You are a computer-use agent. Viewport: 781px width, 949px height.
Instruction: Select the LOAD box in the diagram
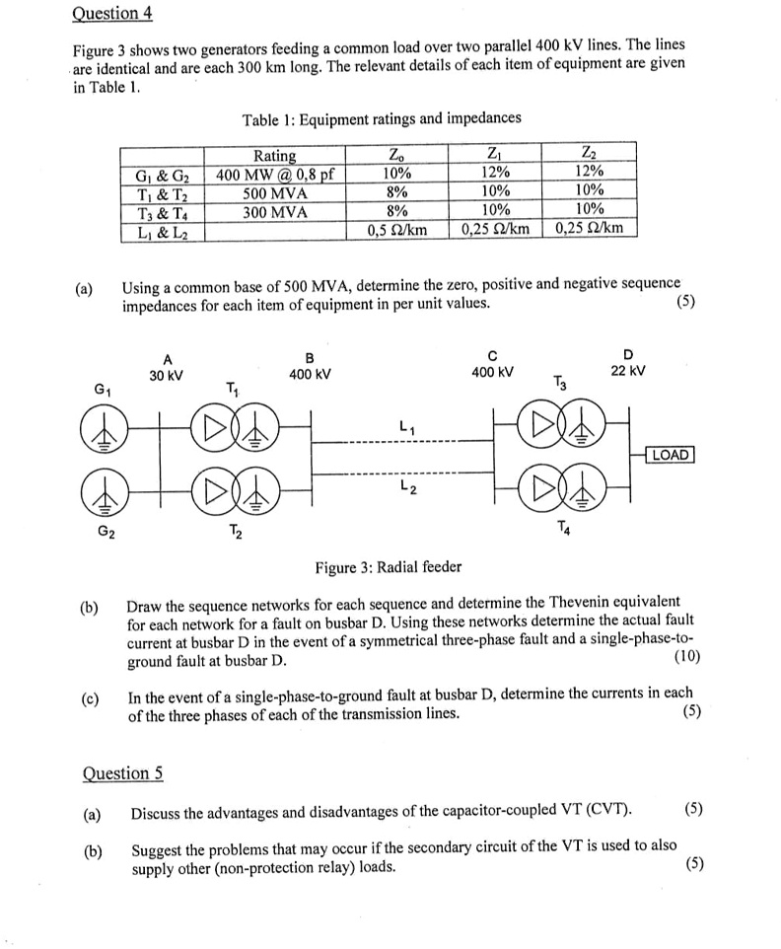tap(670, 455)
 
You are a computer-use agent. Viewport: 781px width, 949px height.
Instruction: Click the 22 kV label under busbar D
tap(629, 371)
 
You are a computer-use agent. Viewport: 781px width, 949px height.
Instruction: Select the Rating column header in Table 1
tap(274, 156)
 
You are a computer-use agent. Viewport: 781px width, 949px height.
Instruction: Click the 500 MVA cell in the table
tap(275, 192)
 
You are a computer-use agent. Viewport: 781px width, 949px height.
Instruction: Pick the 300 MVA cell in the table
tap(275, 211)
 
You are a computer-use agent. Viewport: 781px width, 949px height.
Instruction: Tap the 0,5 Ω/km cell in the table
tap(396, 229)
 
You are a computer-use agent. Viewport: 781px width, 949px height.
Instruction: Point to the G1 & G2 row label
tap(162, 175)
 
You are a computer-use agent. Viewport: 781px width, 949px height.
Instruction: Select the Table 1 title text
tap(382, 118)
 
